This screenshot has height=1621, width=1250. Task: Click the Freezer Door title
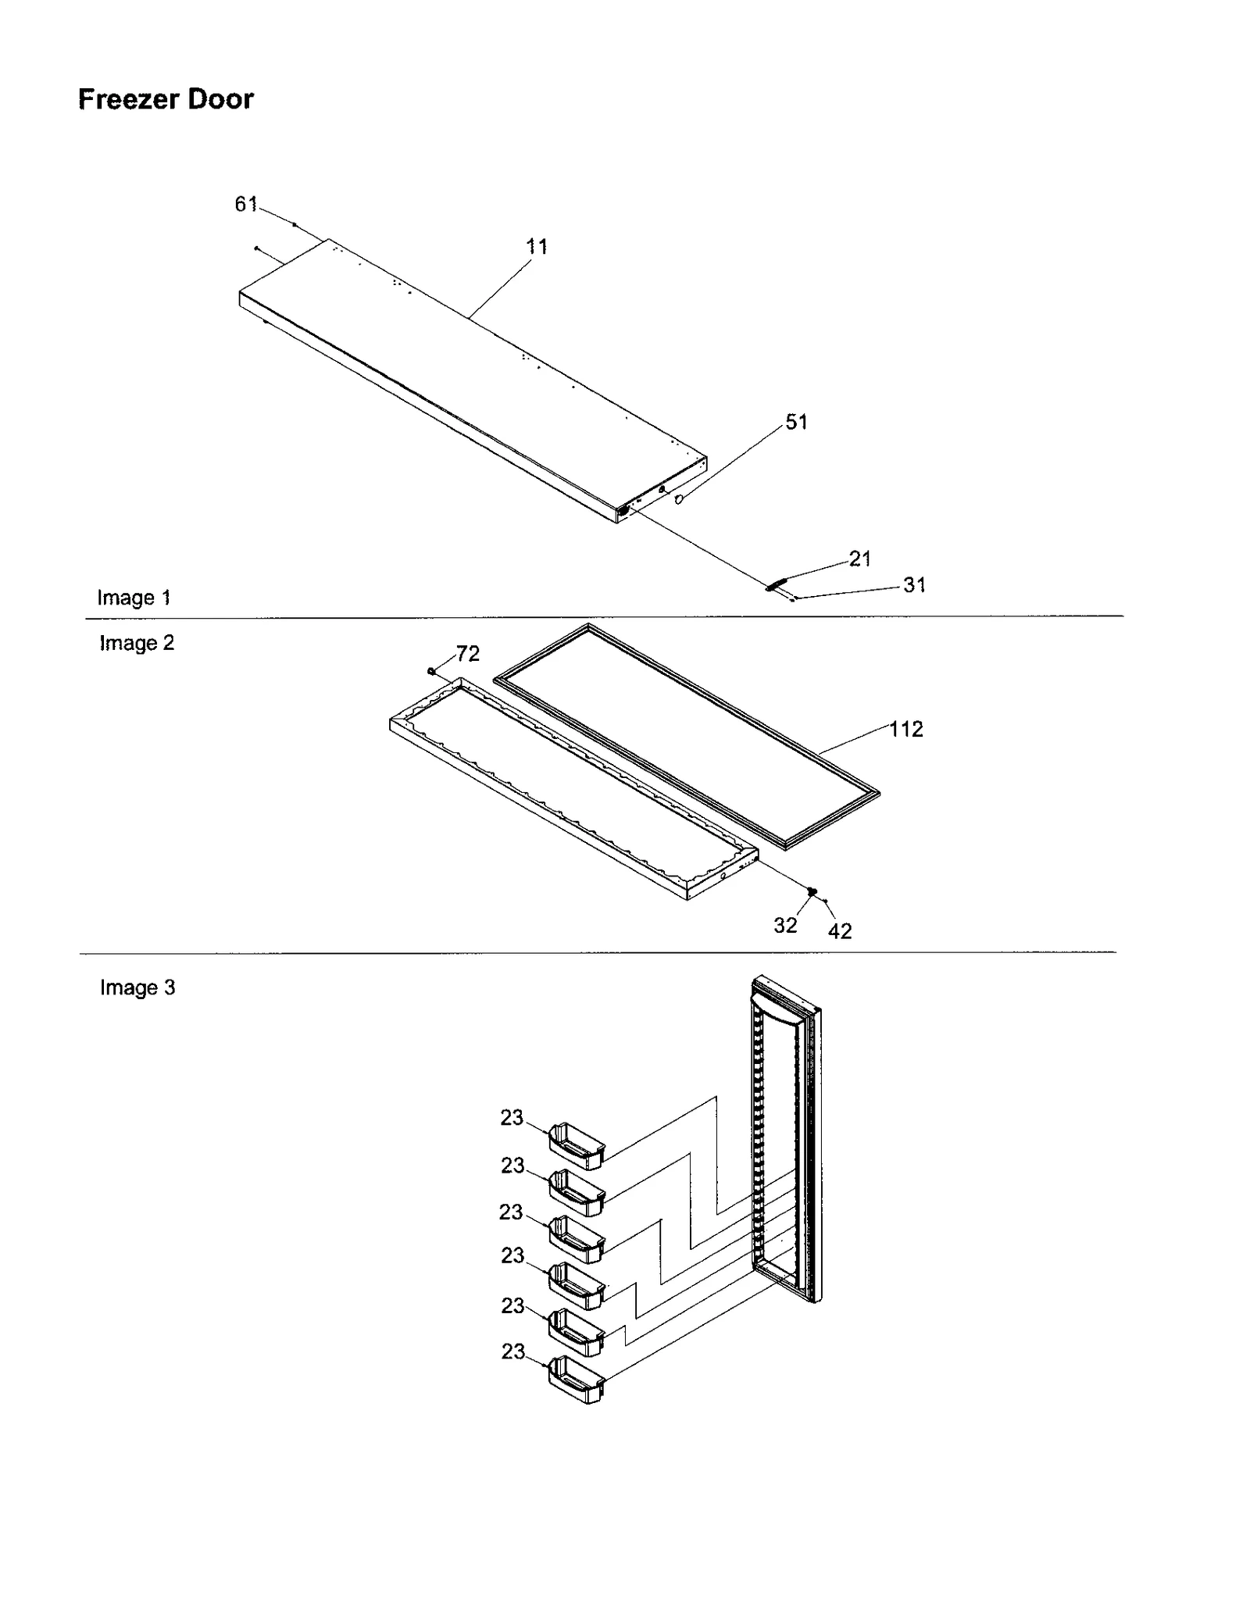(166, 99)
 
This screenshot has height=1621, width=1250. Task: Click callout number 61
(245, 204)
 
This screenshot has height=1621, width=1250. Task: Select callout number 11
(537, 247)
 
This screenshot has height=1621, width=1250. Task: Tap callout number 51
(796, 422)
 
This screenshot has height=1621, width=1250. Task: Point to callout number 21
(859, 559)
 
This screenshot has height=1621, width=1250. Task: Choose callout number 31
(914, 585)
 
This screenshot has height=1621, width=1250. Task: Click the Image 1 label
(134, 598)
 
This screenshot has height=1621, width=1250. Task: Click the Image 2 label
(137, 643)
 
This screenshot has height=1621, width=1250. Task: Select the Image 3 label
(137, 987)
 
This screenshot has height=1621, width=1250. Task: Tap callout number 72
(467, 653)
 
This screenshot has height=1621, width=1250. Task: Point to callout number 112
(905, 729)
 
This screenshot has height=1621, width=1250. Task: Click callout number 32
(785, 925)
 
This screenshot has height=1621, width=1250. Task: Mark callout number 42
(840, 931)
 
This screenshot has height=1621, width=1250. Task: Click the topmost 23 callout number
(512, 1118)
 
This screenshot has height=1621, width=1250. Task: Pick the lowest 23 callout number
(512, 1351)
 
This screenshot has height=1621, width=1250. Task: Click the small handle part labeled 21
(777, 584)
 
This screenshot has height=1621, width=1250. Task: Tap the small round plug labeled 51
(678, 498)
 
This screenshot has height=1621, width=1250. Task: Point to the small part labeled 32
(812, 891)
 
